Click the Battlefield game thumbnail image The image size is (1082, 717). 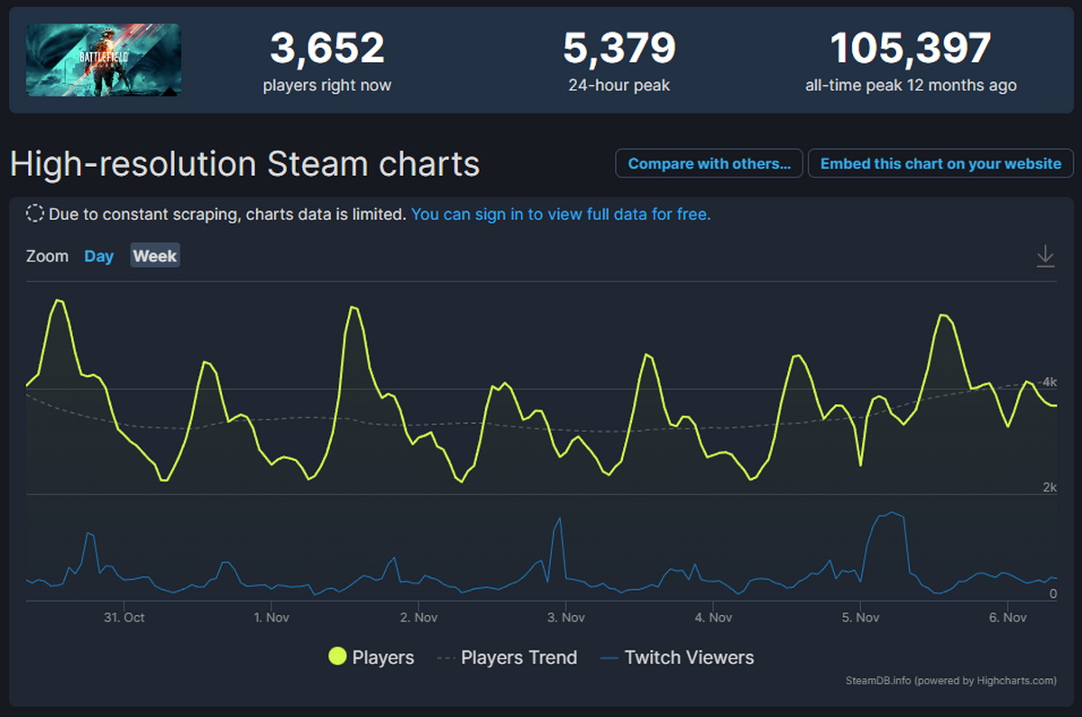pyautogui.click(x=104, y=60)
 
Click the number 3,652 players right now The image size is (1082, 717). pyautogui.click(x=327, y=49)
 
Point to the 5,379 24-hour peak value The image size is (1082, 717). pyautogui.click(x=619, y=49)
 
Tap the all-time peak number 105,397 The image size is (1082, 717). pyautogui.click(x=911, y=49)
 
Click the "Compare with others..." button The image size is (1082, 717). pyautogui.click(x=709, y=164)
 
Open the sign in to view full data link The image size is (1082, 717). pyautogui.click(x=561, y=215)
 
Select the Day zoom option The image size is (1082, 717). pyautogui.click(x=99, y=256)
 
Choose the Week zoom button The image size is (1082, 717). pyautogui.click(x=155, y=256)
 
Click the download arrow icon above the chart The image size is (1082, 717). pyautogui.click(x=1045, y=256)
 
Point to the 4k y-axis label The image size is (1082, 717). pyautogui.click(x=1049, y=382)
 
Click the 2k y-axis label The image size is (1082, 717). pyautogui.click(x=1049, y=488)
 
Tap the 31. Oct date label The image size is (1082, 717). pyautogui.click(x=124, y=618)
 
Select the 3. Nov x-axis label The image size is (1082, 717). pyautogui.click(x=565, y=618)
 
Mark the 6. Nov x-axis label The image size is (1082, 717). pyautogui.click(x=1007, y=618)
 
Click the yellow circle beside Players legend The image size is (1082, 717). pyautogui.click(x=338, y=657)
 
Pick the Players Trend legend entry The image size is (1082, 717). pyautogui.click(x=518, y=657)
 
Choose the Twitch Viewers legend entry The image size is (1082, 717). pyautogui.click(x=689, y=657)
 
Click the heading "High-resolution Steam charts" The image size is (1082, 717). pyautogui.click(x=244, y=165)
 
